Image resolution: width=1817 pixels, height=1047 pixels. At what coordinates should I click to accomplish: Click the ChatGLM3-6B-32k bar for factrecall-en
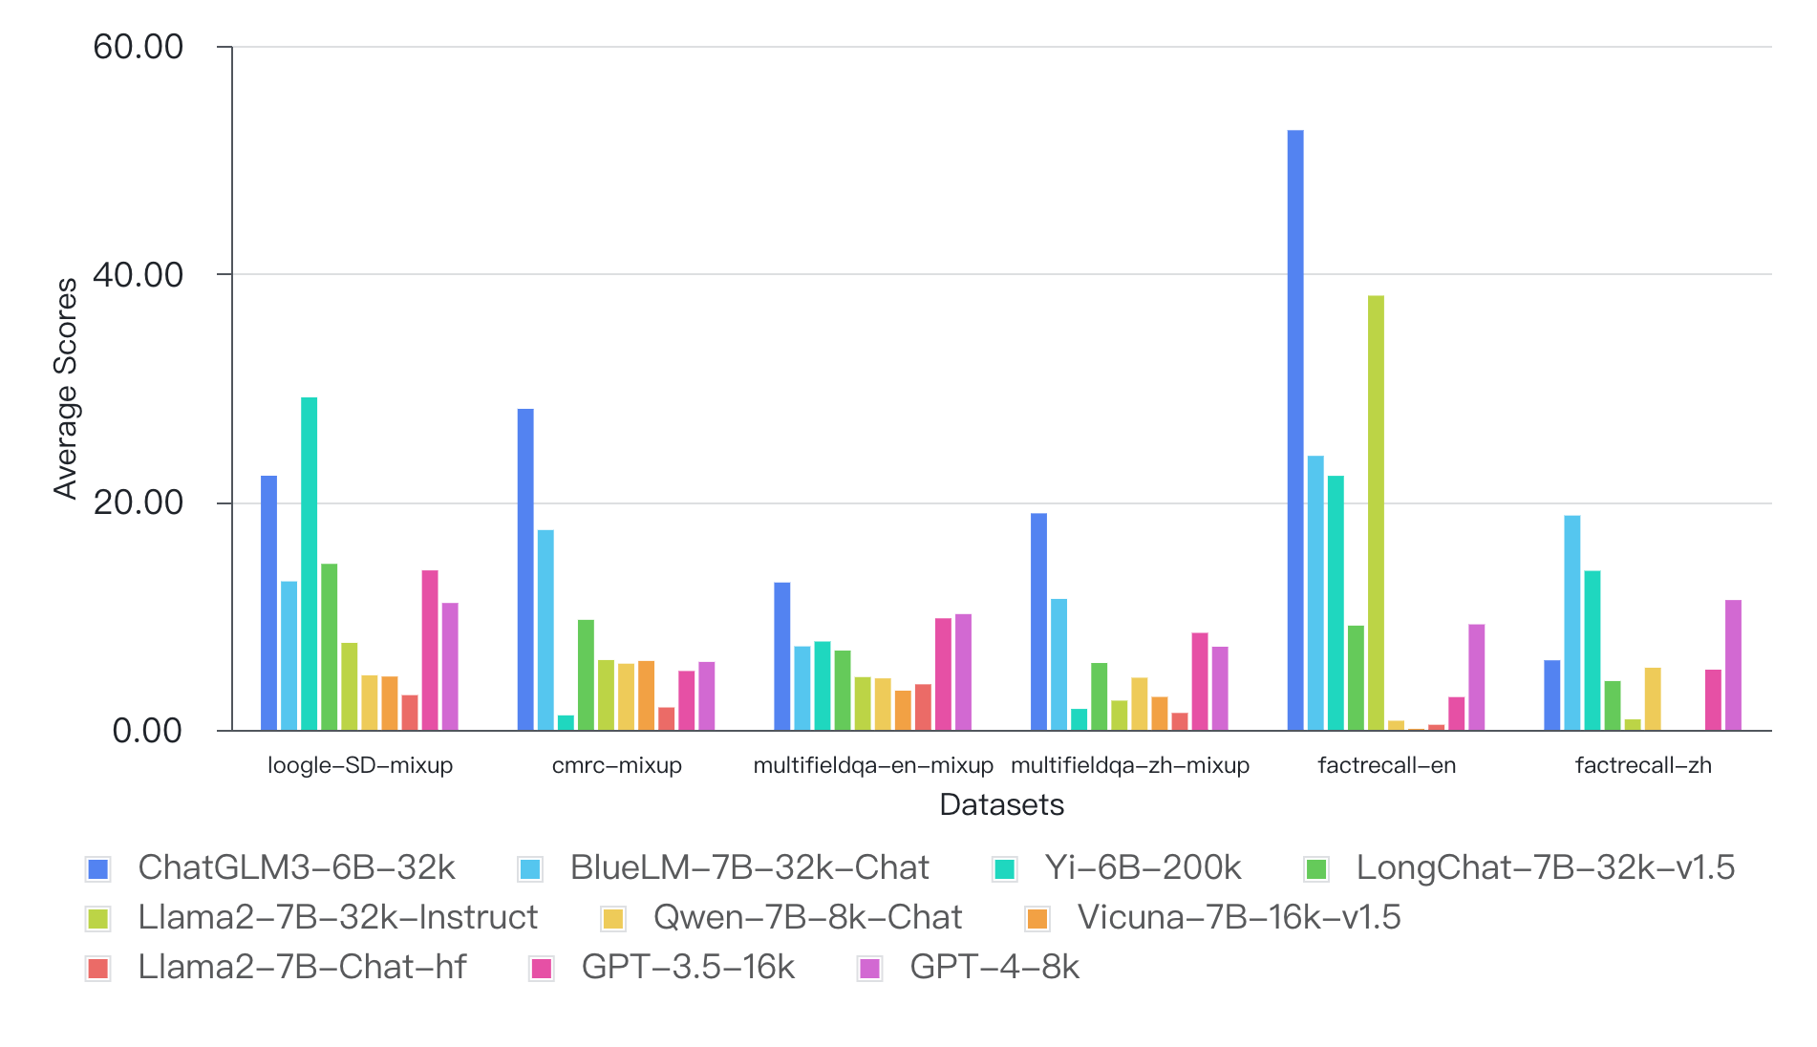tap(1295, 430)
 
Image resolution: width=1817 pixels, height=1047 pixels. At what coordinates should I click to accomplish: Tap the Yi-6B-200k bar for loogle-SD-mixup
tap(310, 564)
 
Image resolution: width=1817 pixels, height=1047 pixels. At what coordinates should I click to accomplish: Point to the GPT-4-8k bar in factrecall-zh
tap(1733, 665)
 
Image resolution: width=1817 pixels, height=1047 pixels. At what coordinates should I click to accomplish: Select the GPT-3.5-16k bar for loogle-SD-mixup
tap(430, 651)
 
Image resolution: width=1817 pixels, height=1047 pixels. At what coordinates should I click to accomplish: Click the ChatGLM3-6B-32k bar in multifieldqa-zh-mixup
tap(1038, 622)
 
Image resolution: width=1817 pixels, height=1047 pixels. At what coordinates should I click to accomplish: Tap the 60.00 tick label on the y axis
tap(138, 47)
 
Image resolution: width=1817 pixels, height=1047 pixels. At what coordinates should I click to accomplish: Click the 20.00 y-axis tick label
tap(138, 502)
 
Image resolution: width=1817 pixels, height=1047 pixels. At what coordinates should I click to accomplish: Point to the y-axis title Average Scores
tap(65, 389)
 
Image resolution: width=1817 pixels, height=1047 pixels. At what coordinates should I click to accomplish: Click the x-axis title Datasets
tap(1001, 804)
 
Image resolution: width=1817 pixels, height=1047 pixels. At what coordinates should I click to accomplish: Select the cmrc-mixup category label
tap(617, 765)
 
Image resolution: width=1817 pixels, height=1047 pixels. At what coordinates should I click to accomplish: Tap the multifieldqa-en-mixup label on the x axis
tap(873, 765)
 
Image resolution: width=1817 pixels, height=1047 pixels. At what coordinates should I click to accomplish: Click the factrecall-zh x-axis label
tap(1643, 765)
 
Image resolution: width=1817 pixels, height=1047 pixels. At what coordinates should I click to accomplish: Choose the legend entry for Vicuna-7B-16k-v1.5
tap(1238, 917)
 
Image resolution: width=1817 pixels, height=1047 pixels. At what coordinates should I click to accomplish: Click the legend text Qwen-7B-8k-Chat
tap(807, 917)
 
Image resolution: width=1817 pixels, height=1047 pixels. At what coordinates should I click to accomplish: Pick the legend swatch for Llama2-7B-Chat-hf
tap(97, 968)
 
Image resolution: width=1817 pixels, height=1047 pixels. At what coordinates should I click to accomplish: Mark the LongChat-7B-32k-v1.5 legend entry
tap(1545, 867)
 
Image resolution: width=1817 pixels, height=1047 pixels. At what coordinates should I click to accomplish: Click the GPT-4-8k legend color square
tap(869, 968)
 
